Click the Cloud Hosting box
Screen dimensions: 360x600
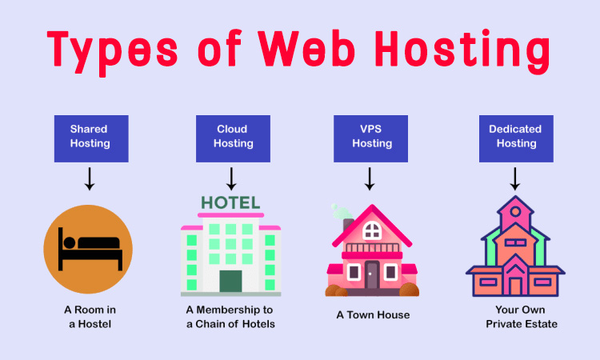232,136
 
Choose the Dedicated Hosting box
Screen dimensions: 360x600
515,136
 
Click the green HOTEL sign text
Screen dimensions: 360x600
230,203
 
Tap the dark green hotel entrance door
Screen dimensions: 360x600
230,282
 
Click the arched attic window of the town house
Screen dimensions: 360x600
372,231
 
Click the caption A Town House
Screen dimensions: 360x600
373,315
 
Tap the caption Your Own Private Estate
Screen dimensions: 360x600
515,317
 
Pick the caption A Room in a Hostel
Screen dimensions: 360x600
89,317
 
